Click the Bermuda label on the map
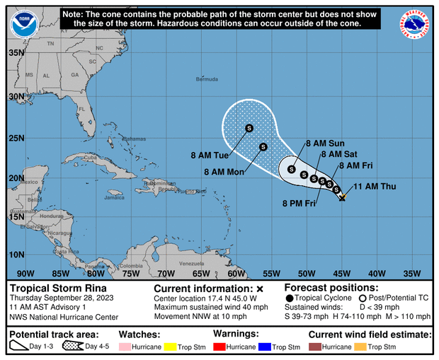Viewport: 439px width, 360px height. click(x=207, y=79)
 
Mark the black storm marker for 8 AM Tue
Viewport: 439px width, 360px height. click(x=249, y=128)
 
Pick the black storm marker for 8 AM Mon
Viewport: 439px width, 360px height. click(x=263, y=147)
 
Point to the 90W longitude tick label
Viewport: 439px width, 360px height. click(x=25, y=274)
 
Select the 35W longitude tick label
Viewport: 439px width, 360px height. click(x=411, y=274)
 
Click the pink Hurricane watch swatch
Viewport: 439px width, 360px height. click(x=127, y=348)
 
